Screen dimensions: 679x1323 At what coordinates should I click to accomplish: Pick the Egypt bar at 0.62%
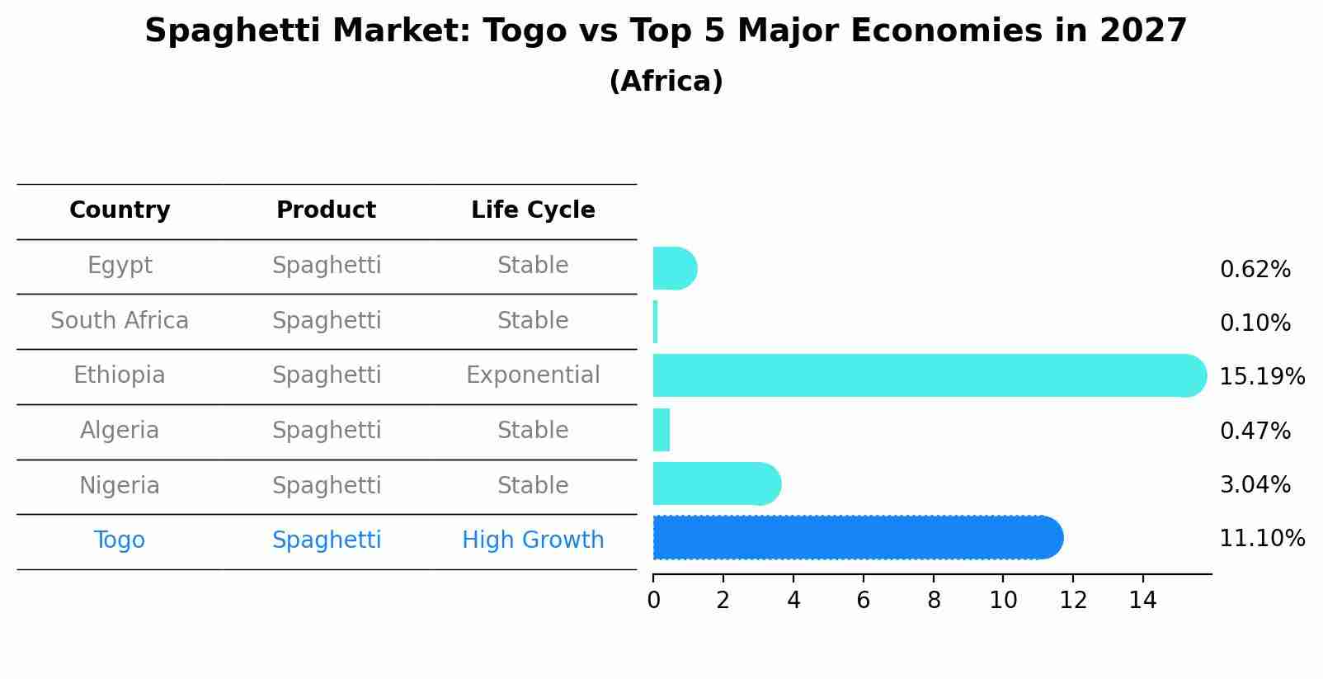(x=674, y=268)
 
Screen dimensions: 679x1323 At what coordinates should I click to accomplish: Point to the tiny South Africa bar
(x=655, y=322)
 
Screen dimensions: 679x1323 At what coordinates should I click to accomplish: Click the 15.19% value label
(x=1261, y=377)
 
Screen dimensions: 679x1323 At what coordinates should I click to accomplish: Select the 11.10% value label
(x=1261, y=539)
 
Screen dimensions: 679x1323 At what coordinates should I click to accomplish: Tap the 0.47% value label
(x=1255, y=431)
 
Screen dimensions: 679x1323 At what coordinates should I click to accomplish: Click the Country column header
(x=120, y=210)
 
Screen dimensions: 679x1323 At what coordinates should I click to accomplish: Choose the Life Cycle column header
(x=533, y=210)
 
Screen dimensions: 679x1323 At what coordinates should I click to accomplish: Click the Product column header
(x=326, y=210)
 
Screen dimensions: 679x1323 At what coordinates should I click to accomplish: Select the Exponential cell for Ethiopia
(x=533, y=375)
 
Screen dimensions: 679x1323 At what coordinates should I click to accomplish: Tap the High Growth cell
(x=533, y=540)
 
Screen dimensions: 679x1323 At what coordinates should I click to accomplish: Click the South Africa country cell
(x=120, y=320)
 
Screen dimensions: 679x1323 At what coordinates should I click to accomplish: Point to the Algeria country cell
(x=120, y=431)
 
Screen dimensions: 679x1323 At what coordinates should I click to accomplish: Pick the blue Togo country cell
(x=120, y=540)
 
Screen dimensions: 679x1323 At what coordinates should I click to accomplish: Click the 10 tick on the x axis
(x=1003, y=601)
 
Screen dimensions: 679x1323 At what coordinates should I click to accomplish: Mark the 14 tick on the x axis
(x=1143, y=601)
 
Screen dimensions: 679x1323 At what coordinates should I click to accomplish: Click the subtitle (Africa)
(x=666, y=82)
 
